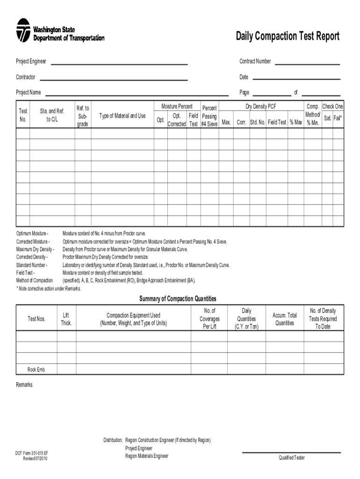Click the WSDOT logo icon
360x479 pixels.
coord(23,30)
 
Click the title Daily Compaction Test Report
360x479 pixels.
coord(288,36)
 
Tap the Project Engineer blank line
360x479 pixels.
coord(119,63)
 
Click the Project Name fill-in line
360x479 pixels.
coord(136,94)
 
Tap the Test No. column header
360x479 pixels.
coord(22,115)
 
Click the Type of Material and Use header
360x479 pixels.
coord(122,116)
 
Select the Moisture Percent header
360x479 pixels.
coord(177,107)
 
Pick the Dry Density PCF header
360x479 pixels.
coord(261,107)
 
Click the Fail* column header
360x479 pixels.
coord(338,119)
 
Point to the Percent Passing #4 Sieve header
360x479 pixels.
coord(209,116)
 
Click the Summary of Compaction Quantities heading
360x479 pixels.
coord(178,299)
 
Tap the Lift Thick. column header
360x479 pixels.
coord(66,319)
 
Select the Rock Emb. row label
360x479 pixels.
coord(36,369)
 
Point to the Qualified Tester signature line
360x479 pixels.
coord(291,452)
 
